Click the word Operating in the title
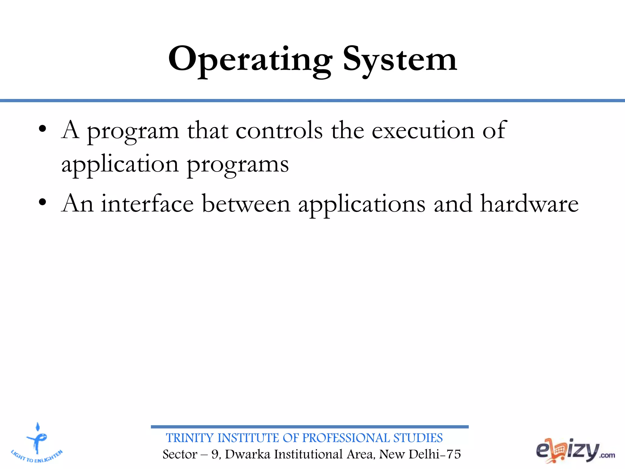(x=250, y=60)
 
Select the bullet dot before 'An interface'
(x=42, y=202)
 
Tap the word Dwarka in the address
(x=248, y=454)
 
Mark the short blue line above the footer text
(x=309, y=427)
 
